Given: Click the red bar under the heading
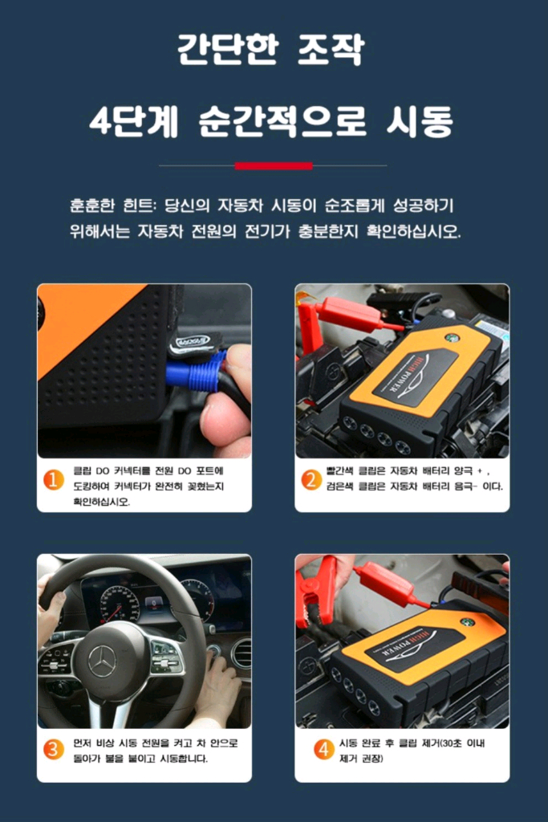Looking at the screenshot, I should [273, 166].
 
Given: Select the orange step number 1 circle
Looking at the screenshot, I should [53, 480].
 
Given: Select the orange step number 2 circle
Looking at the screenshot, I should [311, 480].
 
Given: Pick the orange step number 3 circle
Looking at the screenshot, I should [53, 750].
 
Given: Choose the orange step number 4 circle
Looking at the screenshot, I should [323, 750].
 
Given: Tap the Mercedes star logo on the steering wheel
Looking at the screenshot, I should [102, 661].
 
